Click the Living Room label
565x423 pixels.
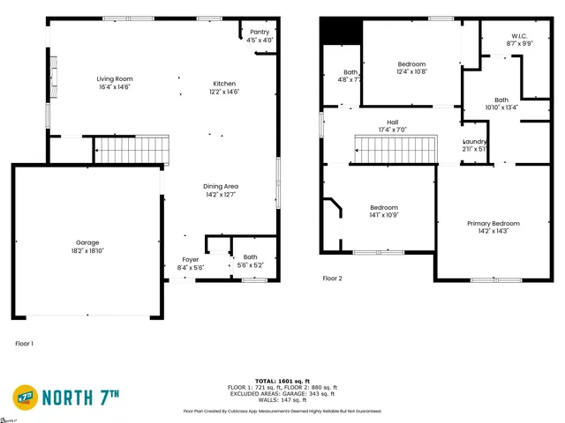tap(114, 79)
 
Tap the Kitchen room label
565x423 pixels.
tap(223, 83)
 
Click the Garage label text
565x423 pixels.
tap(87, 242)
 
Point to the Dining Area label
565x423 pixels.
tap(221, 186)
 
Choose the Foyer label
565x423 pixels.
tap(191, 259)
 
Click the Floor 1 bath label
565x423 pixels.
tap(251, 256)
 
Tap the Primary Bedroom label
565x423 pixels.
tap(493, 224)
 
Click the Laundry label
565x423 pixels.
tap(475, 142)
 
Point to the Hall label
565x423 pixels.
tap(392, 122)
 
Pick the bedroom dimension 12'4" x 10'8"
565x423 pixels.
tap(411, 72)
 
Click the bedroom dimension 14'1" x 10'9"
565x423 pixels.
tap(384, 215)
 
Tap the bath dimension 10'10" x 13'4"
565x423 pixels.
tap(501, 108)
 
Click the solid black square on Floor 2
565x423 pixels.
tap(341, 31)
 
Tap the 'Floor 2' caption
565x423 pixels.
tap(332, 278)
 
